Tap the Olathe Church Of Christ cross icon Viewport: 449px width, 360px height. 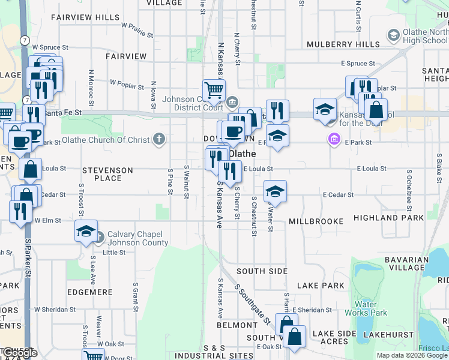pyautogui.click(x=160, y=140)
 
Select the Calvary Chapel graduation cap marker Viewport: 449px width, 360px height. pyautogui.click(x=86, y=231)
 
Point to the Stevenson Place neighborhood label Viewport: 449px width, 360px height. pyautogui.click(x=108, y=174)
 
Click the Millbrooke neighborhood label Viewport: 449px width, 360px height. pyautogui.click(x=316, y=221)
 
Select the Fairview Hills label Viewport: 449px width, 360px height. pyautogui.click(x=85, y=17)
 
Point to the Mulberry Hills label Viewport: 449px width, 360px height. pyautogui.click(x=342, y=44)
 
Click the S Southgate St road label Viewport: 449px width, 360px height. pyautogui.click(x=252, y=304)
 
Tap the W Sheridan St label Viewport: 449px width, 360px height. pyautogui.click(x=53, y=310)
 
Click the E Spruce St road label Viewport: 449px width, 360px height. pyautogui.click(x=358, y=63)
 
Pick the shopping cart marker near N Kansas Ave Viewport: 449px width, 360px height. pyautogui.click(x=214, y=91)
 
